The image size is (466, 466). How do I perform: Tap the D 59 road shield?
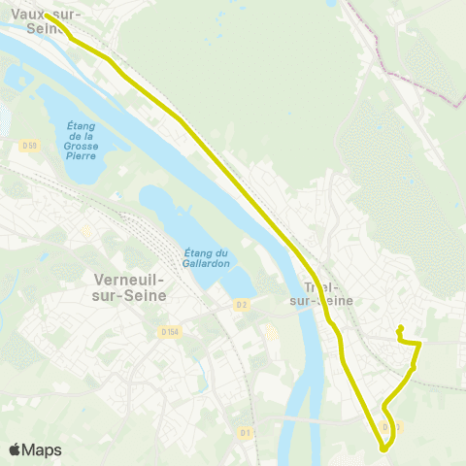(x=28, y=146)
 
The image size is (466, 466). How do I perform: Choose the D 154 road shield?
(x=171, y=333)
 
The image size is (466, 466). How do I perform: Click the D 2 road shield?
(x=242, y=305)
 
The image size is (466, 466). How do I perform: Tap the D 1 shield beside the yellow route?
(x=389, y=426)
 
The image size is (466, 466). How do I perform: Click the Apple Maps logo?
(x=35, y=449)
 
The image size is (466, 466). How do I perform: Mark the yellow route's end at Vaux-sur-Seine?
(x=46, y=15)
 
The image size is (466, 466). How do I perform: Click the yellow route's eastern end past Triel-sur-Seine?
(x=400, y=328)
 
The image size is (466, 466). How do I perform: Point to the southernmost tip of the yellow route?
(x=383, y=449)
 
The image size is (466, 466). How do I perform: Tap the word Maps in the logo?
(x=42, y=449)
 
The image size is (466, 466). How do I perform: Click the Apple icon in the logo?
(x=15, y=449)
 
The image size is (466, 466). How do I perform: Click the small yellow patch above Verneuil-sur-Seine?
(x=87, y=231)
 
